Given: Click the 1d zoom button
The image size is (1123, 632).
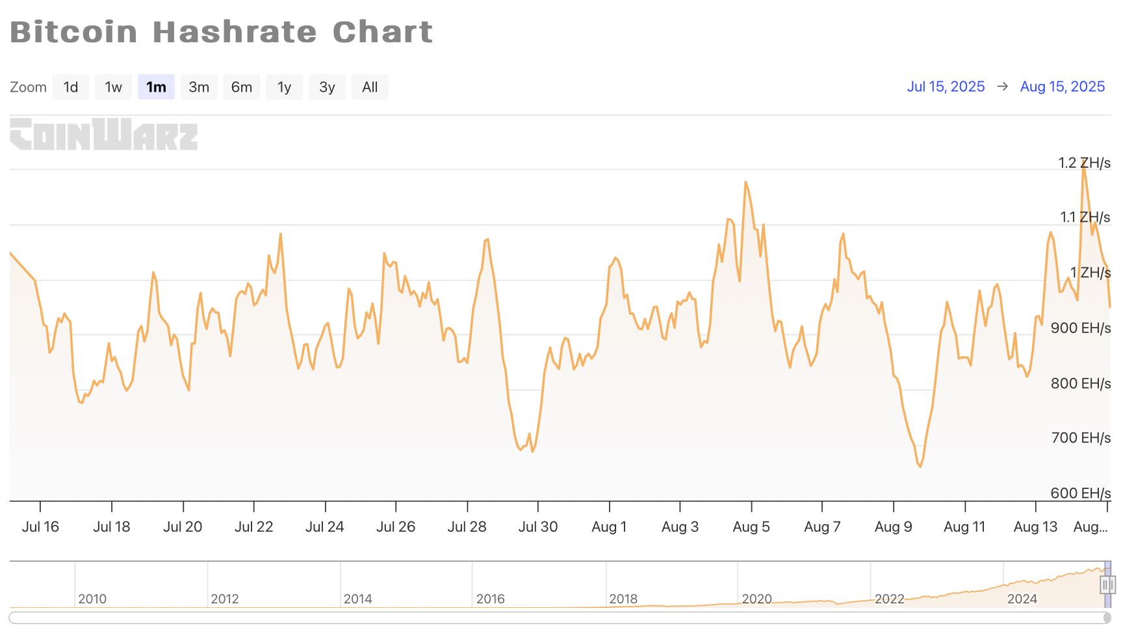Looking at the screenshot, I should (x=71, y=87).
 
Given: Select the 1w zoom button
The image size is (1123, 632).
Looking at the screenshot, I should (x=114, y=87).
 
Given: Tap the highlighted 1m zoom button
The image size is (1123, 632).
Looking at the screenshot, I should (x=156, y=87).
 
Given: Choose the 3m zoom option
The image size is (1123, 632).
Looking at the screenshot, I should (x=199, y=87).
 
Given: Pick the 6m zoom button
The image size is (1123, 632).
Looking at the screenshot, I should (x=242, y=87).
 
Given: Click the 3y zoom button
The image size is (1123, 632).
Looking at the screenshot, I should (x=327, y=87).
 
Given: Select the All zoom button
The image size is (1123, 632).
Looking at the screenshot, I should (x=370, y=87).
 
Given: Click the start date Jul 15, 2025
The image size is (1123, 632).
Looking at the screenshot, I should (x=946, y=86).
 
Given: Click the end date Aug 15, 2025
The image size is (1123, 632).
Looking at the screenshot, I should (x=1063, y=86).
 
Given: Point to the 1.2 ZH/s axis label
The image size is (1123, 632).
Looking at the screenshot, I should (x=1084, y=163).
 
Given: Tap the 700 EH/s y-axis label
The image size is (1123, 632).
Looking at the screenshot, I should (x=1081, y=438).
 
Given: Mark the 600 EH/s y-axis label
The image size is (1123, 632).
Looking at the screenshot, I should (x=1081, y=493).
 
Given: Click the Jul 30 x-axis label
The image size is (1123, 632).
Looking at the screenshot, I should (x=538, y=527).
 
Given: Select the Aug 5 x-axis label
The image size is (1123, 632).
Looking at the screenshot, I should (x=751, y=527).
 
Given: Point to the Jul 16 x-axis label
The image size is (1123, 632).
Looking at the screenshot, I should (x=40, y=527).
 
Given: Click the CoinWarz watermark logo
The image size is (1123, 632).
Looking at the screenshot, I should (x=104, y=134).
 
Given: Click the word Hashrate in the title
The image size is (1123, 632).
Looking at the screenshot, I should (x=235, y=32).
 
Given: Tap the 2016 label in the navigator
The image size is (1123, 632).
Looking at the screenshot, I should (x=490, y=599).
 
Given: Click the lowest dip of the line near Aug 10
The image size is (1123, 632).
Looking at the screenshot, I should (x=920, y=466).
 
